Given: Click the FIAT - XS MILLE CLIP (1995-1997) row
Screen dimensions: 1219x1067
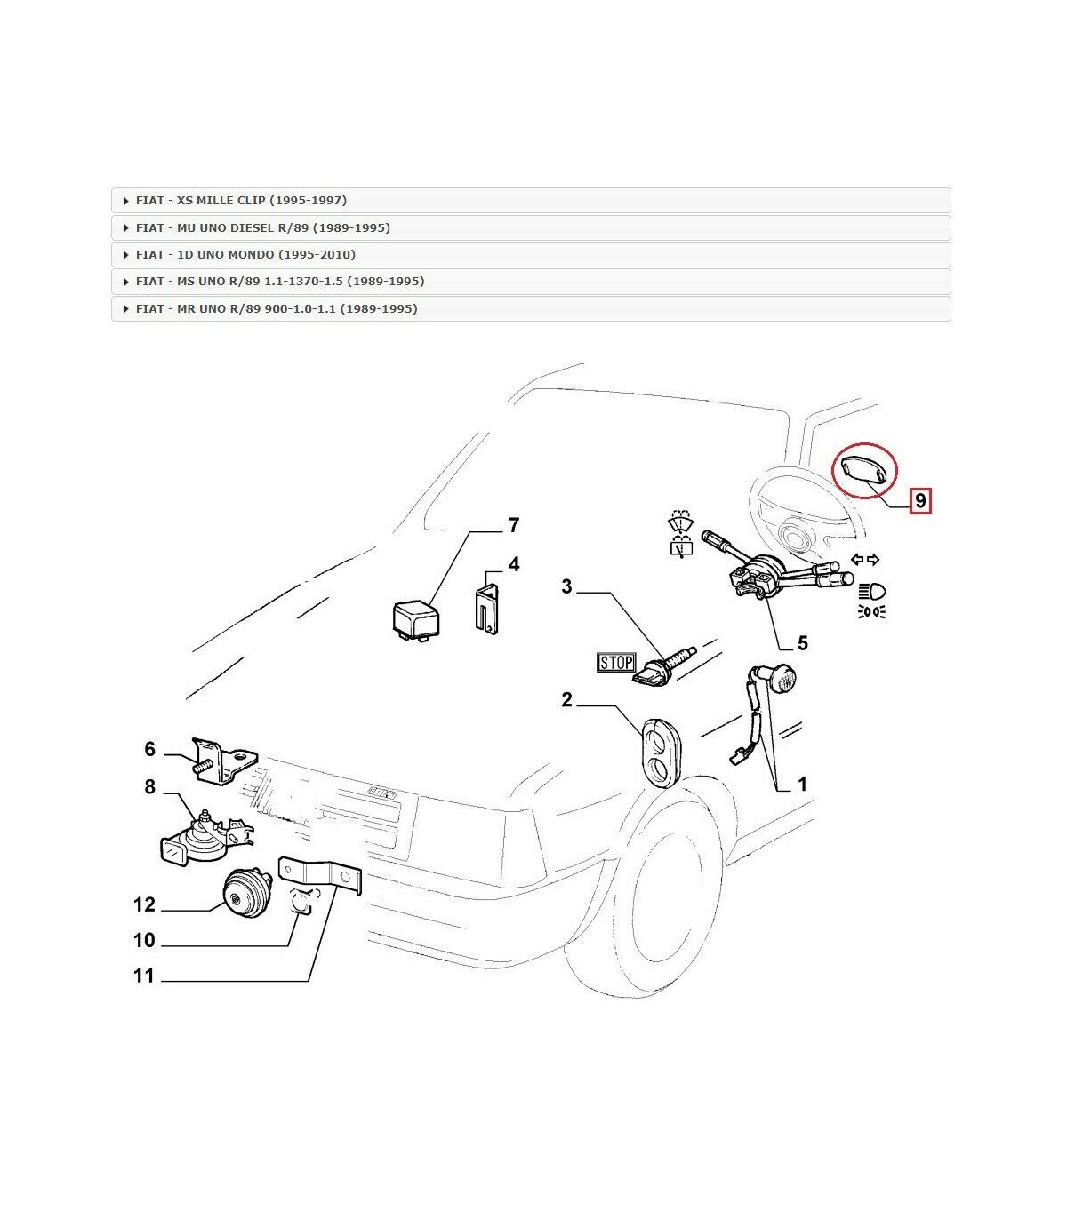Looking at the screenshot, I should pos(531,201).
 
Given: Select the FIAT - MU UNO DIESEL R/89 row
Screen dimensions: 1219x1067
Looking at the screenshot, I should pos(531,227).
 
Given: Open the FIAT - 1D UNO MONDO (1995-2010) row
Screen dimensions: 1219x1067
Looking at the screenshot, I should pos(531,254).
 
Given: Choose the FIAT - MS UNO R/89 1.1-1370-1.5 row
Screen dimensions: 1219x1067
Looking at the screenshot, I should pos(531,281).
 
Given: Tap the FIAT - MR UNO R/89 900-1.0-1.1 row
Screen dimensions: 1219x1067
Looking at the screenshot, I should pos(531,308).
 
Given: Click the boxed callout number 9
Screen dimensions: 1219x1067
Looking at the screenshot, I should pos(920,501).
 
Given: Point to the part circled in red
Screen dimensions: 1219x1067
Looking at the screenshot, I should pos(864,469).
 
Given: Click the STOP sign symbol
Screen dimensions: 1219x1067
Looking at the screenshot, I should pos(616,662).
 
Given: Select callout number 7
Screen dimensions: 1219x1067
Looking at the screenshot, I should pos(513,526).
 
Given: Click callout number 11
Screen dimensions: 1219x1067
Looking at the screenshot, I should pos(144,976).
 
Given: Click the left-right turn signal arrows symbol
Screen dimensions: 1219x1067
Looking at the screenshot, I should pos(865,560).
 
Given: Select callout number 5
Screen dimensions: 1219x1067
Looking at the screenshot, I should pos(802,642).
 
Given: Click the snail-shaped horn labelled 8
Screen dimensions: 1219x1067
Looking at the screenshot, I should pos(197,839).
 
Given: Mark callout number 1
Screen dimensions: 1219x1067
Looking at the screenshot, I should pos(802,785).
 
